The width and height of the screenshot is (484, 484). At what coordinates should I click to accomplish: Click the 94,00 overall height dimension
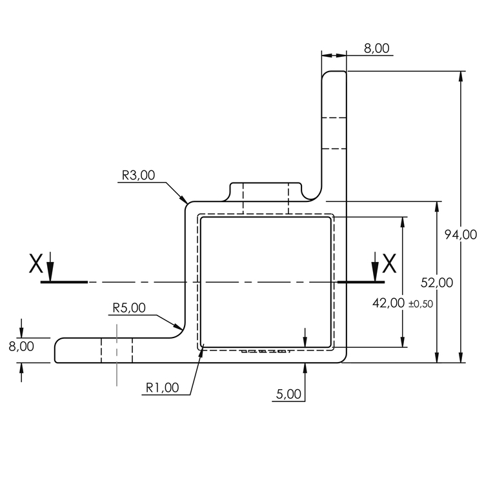[x=461, y=235]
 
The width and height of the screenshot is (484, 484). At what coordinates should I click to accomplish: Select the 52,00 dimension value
[x=437, y=282]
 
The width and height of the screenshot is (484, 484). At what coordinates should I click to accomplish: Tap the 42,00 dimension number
[x=388, y=303]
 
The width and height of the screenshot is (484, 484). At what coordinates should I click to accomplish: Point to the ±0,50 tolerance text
[x=420, y=304]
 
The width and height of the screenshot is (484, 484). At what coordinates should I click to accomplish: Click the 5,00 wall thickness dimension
[x=288, y=394]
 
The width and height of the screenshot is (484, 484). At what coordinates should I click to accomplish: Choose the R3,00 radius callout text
[x=138, y=175]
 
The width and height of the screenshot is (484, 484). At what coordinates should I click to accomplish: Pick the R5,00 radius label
[x=129, y=308]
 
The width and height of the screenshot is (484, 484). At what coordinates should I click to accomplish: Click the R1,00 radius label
[x=162, y=388]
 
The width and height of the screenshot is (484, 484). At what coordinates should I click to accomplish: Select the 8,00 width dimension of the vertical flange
[x=376, y=48]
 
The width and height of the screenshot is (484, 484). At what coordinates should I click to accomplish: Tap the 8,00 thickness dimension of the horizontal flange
[x=21, y=347]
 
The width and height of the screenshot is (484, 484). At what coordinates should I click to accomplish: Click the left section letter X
[x=36, y=263]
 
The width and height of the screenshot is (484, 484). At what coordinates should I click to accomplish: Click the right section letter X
[x=389, y=263]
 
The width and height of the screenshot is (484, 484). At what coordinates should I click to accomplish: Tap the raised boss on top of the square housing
[x=265, y=192]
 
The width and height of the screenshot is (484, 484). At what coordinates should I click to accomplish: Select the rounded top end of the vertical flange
[x=334, y=76]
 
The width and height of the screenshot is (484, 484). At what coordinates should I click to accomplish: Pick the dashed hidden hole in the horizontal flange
[x=117, y=350]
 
